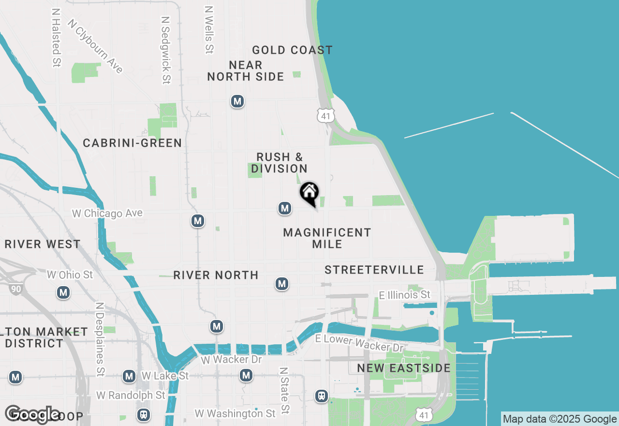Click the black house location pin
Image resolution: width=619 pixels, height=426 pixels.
(309, 193)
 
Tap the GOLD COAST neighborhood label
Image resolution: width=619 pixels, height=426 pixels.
(292, 50)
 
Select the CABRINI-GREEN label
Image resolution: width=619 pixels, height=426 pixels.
(132, 143)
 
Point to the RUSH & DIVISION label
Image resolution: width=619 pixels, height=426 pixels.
(280, 163)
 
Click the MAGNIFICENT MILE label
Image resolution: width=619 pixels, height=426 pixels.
(327, 238)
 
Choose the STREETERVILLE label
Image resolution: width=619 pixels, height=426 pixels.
(374, 270)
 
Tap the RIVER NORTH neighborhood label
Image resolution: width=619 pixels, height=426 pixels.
(216, 275)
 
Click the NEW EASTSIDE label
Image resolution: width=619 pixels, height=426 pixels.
(404, 368)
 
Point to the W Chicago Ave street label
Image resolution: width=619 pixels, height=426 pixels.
(107, 213)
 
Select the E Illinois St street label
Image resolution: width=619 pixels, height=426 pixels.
(405, 294)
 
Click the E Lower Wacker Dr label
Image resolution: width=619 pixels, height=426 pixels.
(359, 343)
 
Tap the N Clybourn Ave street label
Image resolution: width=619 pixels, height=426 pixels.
(95, 46)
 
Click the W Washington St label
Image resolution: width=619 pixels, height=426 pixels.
(235, 413)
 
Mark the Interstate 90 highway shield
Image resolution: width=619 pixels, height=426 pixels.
(15, 289)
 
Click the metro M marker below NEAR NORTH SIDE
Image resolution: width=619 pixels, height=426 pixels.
(237, 101)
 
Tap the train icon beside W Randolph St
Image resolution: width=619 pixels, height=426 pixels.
(143, 415)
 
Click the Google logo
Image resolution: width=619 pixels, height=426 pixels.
(32, 414)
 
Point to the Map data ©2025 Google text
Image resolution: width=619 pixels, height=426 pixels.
(560, 419)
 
